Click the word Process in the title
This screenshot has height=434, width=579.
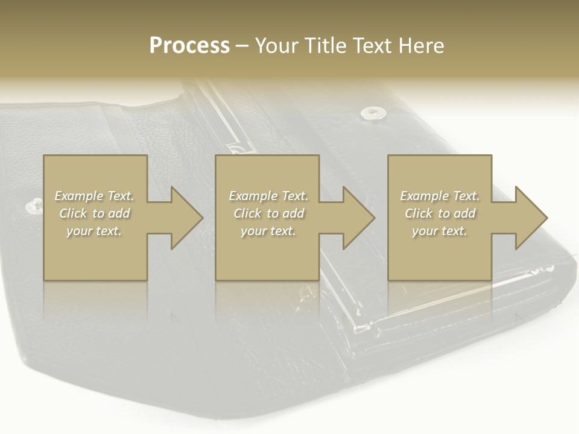pos(189,46)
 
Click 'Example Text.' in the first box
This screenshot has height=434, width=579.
pos(94,196)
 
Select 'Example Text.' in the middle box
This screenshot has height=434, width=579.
pos(268,196)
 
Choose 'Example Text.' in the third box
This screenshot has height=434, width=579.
pos(440,196)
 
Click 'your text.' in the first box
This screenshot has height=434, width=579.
pos(94,231)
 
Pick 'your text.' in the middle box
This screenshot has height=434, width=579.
pos(268,231)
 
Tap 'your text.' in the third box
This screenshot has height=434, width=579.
pos(440,231)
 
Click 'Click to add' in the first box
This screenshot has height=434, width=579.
pos(94,213)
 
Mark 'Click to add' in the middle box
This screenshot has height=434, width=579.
pos(268,213)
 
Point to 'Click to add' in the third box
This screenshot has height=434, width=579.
pos(440,213)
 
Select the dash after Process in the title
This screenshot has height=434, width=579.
pos(242,46)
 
